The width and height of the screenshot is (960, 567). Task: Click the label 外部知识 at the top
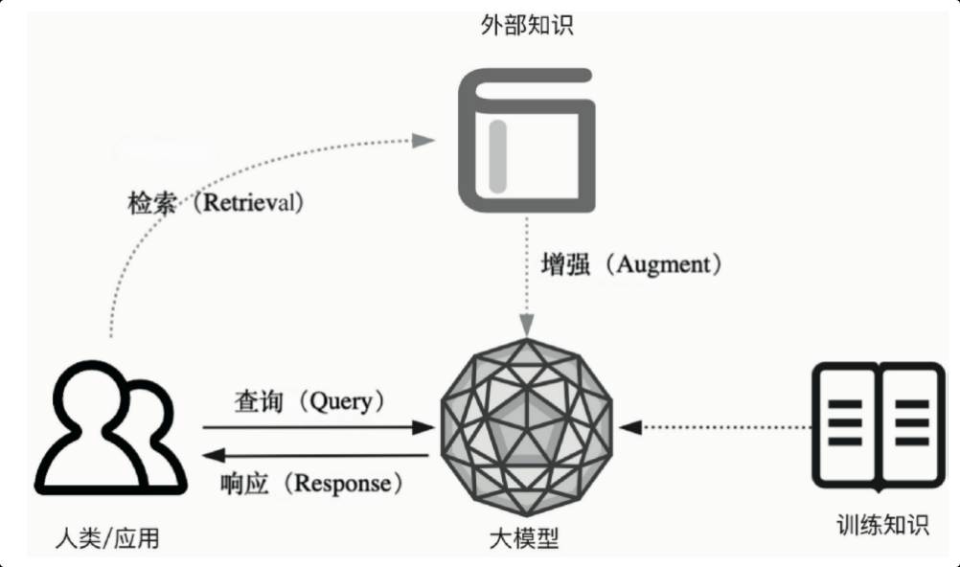pos(526,25)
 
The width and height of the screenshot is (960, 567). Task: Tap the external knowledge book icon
pos(526,141)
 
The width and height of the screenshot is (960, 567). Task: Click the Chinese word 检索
pos(152,203)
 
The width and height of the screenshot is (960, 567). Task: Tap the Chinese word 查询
pos(259,401)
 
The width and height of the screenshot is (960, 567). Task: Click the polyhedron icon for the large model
pos(525,427)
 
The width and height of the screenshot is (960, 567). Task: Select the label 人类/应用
pos(107,539)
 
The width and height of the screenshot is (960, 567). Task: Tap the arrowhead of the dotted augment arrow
pos(525,324)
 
